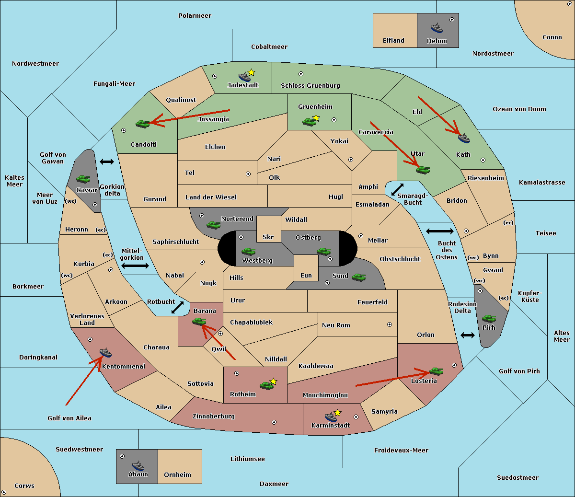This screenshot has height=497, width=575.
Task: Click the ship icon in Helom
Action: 437,28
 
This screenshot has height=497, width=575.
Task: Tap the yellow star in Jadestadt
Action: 252,72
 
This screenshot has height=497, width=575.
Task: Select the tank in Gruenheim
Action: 309,122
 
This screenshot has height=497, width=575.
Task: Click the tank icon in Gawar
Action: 83,179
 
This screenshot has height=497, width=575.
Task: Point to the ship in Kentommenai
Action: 105,353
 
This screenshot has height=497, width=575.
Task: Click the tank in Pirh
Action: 489,318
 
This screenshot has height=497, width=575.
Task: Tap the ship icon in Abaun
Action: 138,465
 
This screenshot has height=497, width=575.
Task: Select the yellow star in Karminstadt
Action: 338,413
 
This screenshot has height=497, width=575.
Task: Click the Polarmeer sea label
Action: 195,16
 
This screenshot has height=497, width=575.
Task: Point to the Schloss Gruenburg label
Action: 310,86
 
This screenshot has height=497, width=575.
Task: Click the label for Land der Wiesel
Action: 211,197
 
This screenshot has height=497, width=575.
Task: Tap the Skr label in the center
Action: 268,237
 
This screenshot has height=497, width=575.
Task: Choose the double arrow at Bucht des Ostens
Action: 439,231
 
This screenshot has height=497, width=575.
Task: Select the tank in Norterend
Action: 214,225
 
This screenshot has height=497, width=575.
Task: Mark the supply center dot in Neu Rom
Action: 390,324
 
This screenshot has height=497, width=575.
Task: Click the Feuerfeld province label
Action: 372,302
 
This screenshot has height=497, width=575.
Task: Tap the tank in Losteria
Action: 436,371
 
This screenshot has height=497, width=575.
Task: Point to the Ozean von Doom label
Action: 519,109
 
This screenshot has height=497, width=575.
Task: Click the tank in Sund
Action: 359,277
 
